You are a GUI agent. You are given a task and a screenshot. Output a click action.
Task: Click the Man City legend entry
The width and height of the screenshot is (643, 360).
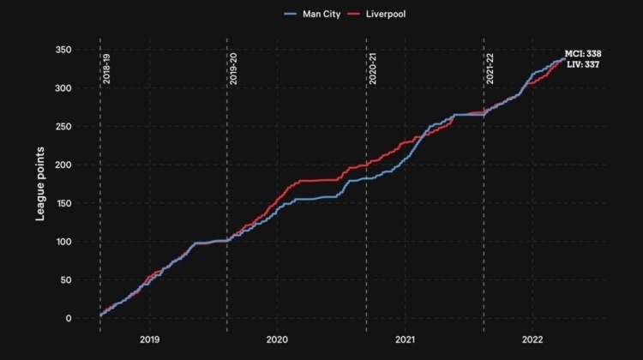click(312, 14)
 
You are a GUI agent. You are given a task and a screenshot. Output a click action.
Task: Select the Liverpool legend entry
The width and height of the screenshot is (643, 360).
click(376, 14)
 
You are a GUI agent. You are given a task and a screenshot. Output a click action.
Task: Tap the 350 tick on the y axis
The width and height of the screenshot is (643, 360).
click(63, 50)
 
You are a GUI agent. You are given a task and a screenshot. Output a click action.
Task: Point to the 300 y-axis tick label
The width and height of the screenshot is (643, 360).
click(63, 88)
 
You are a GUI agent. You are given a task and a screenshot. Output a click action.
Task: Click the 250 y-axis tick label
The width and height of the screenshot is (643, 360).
click(63, 127)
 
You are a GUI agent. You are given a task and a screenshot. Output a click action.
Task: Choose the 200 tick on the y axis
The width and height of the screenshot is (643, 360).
click(63, 165)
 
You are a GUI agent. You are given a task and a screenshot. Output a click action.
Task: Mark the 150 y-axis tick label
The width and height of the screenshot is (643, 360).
click(63, 203)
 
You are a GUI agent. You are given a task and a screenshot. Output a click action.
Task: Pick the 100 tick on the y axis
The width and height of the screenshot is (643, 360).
click(63, 242)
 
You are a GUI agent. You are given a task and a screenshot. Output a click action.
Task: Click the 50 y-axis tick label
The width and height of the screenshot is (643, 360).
click(66, 280)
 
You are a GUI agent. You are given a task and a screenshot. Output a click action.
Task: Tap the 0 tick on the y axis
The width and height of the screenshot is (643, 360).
click(69, 319)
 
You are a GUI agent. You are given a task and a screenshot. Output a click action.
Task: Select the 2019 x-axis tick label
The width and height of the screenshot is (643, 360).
click(150, 339)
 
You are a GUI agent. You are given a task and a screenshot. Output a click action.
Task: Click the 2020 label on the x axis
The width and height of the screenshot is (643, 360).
click(277, 339)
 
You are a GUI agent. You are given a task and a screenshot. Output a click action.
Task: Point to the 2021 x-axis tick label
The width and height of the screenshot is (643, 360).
click(406, 339)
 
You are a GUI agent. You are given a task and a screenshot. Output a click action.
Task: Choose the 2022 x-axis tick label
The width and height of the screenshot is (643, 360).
click(532, 339)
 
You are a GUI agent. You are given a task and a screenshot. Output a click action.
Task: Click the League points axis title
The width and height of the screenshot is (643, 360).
click(39, 184)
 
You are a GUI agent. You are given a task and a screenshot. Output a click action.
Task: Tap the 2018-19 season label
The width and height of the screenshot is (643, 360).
click(106, 69)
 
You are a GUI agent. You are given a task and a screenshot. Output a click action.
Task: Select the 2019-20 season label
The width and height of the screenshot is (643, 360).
click(233, 69)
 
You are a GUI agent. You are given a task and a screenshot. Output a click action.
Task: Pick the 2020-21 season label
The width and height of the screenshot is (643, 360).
click(372, 69)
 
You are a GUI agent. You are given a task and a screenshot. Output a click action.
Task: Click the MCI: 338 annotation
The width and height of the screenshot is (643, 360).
click(583, 54)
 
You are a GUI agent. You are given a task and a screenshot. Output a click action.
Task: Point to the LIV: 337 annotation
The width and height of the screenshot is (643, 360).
click(583, 64)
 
